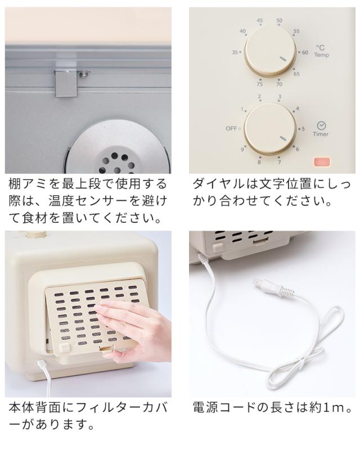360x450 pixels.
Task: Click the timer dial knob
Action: [269, 128]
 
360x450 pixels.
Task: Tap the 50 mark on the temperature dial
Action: [280, 21]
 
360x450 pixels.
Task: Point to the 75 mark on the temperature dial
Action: [259, 83]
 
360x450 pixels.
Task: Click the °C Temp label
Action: [321, 52]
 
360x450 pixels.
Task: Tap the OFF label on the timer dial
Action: [232, 128]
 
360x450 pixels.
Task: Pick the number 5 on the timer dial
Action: [304, 128]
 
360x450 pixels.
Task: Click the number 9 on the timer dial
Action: [242, 149]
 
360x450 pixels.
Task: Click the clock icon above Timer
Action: [321, 124]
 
